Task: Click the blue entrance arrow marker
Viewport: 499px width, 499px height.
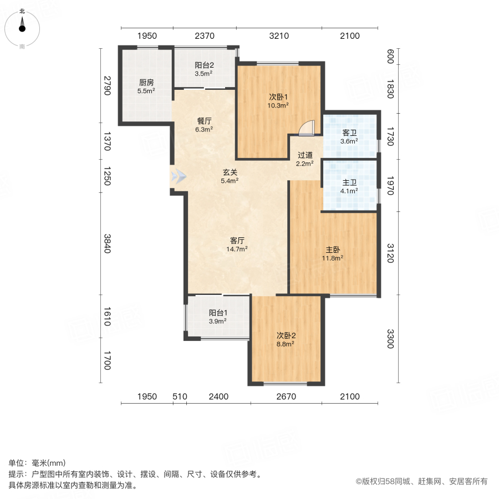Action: pyautogui.click(x=179, y=177)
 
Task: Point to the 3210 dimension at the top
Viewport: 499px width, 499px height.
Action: pyautogui.click(x=279, y=36)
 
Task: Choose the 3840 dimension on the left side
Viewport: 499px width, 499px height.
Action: pyautogui.click(x=108, y=243)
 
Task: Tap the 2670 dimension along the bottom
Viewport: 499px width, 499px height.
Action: pyautogui.click(x=286, y=396)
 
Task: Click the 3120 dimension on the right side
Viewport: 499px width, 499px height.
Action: pyautogui.click(x=390, y=253)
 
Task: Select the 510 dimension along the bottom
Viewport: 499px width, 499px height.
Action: pyautogui.click(x=179, y=396)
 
